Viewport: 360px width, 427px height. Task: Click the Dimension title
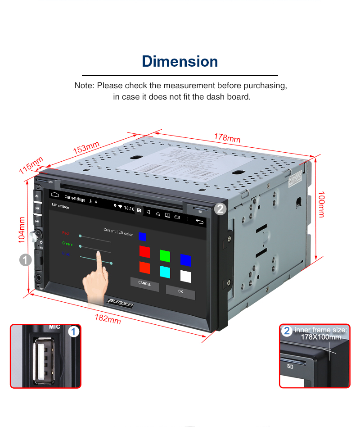pos(180,61)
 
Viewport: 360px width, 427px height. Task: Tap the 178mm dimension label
pos(227,138)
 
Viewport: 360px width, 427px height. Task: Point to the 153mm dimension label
pos(86,147)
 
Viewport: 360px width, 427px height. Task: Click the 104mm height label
pos(22,230)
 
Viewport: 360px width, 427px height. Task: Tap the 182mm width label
pos(108,318)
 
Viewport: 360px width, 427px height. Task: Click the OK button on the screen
pos(180,291)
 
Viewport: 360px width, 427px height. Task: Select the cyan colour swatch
pos(165,271)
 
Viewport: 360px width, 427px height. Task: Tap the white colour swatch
pos(185,276)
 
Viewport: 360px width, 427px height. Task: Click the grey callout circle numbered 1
pos(25,259)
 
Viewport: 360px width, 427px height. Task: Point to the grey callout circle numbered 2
pos(220,208)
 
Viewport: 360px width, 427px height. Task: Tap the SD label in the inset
pos(290,366)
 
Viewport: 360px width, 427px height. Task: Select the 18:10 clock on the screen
pos(129,209)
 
